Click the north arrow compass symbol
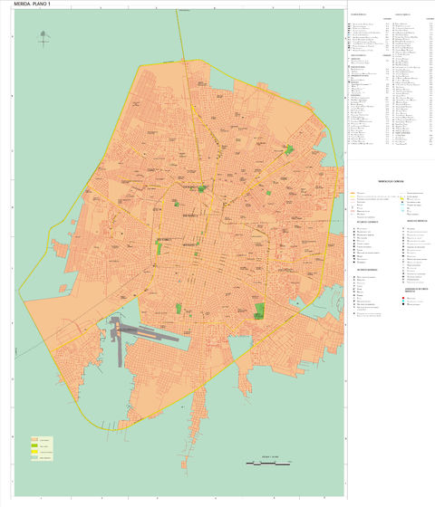coord(43,39)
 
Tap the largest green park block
coord(259,311)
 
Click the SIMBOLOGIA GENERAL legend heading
coord(391,181)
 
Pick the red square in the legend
coord(403,297)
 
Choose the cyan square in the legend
coord(403,301)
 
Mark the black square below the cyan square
coord(403,304)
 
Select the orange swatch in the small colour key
coord(34,439)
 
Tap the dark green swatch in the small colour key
coord(34,445)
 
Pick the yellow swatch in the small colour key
coord(34,452)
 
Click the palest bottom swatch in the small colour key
coord(34,457)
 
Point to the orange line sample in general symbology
coord(353,193)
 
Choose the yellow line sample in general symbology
coord(353,196)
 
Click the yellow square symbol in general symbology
coord(401,198)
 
